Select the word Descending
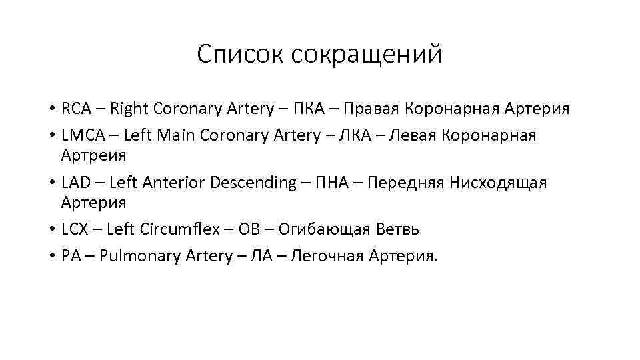(x=253, y=183)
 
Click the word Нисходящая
(x=498, y=183)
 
